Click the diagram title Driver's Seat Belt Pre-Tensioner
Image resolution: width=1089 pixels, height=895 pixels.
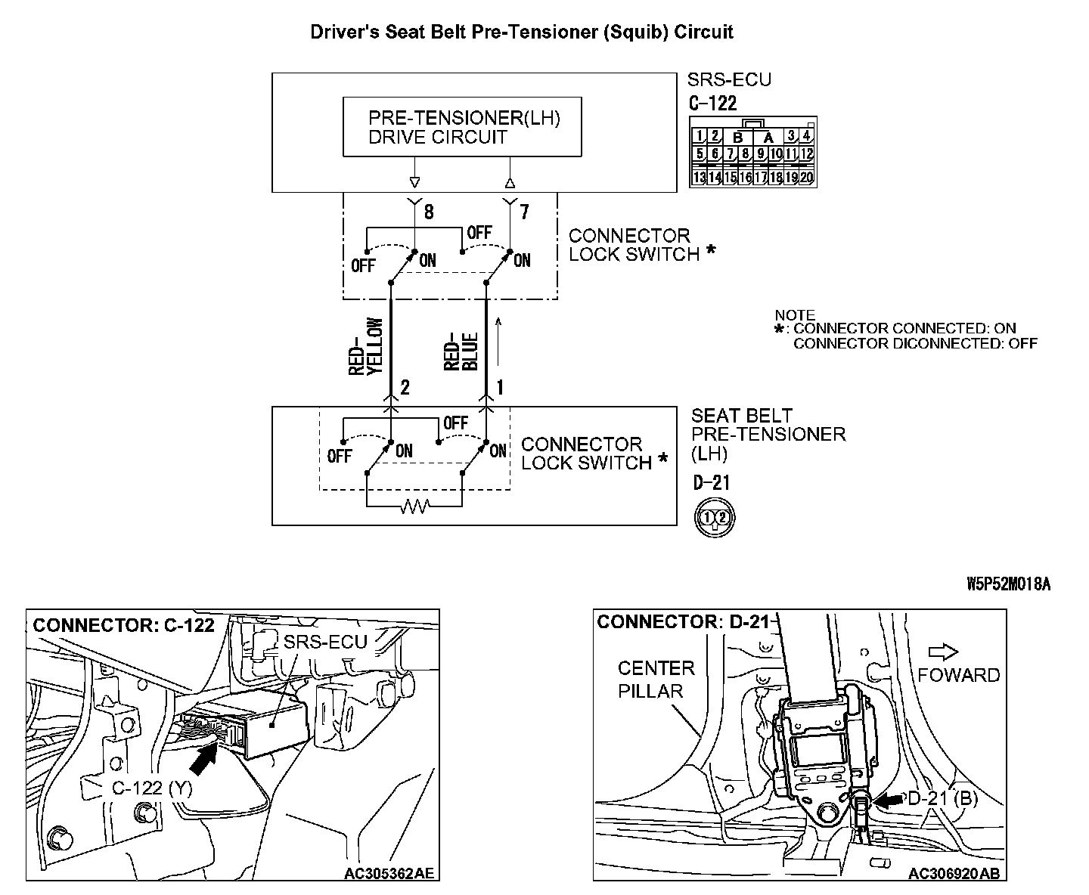[522, 32]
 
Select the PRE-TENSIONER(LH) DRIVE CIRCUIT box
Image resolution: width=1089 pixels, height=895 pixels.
[462, 127]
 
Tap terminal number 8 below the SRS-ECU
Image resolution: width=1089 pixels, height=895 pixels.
[429, 212]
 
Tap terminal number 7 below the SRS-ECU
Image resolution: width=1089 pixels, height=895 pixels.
[524, 212]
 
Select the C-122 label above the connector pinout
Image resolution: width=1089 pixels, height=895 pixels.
[712, 104]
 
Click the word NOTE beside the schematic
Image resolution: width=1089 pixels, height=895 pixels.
[795, 315]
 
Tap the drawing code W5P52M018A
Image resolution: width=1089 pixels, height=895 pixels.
[1008, 584]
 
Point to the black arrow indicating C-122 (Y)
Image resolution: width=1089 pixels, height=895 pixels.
[202, 758]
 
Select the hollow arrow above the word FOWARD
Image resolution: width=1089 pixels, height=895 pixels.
[944, 652]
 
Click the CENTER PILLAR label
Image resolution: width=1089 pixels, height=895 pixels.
[655, 680]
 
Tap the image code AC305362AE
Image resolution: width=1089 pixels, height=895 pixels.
[389, 873]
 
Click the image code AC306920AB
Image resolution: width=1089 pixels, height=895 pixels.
[954, 873]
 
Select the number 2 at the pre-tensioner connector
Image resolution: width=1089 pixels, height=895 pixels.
[405, 388]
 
